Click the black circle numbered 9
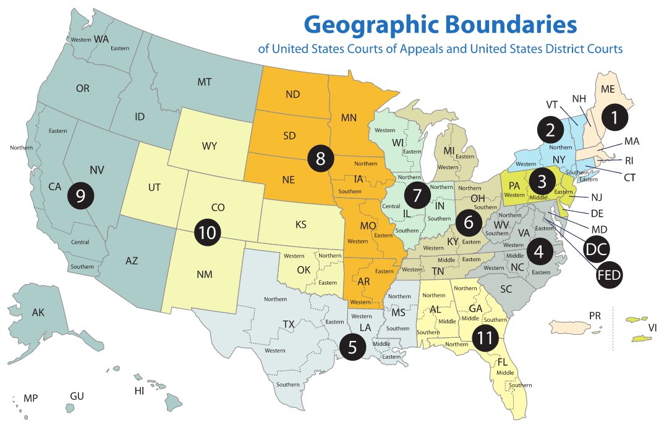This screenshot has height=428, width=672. click(80, 195)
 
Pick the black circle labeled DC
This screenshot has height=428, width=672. click(597, 249)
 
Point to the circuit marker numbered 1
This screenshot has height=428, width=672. click(614, 117)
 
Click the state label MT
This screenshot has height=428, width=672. click(205, 82)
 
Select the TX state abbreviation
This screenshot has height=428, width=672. click(289, 324)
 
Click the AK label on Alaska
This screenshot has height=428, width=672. click(38, 313)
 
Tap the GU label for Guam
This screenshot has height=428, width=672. click(77, 396)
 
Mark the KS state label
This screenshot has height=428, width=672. click(300, 224)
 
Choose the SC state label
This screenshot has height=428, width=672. click(506, 288)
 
